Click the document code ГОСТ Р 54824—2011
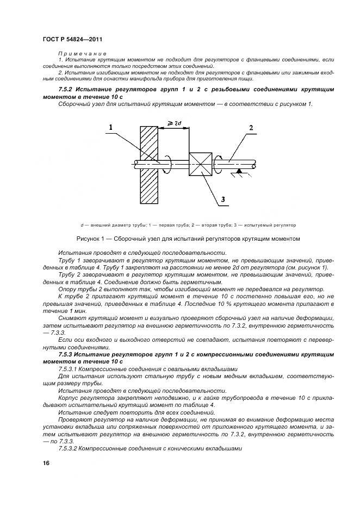[72, 39]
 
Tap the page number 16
[45, 463]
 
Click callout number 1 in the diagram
[110, 128]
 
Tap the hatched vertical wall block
[148, 164]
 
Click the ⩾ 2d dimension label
[175, 124]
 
